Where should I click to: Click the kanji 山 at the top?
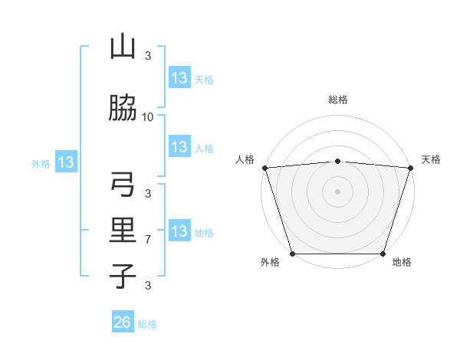[x=123, y=47]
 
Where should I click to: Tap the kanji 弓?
[x=123, y=185]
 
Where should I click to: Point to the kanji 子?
[x=123, y=275]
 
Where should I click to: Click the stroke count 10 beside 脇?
[x=148, y=116]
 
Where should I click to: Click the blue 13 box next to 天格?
[x=179, y=78]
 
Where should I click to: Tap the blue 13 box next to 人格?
[x=179, y=147]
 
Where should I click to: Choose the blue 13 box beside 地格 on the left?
[x=179, y=231]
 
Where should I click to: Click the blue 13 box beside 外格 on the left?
[x=66, y=162]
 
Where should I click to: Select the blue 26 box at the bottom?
[x=123, y=322]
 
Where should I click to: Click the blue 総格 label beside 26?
[x=147, y=324]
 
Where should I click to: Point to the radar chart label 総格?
[x=337, y=100]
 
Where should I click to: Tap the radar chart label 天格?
[x=431, y=159]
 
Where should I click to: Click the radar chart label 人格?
[x=246, y=159]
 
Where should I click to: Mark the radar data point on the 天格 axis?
[x=410, y=168]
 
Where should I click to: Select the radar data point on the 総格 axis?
[x=337, y=161]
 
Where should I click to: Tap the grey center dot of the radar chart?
[x=337, y=191]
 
